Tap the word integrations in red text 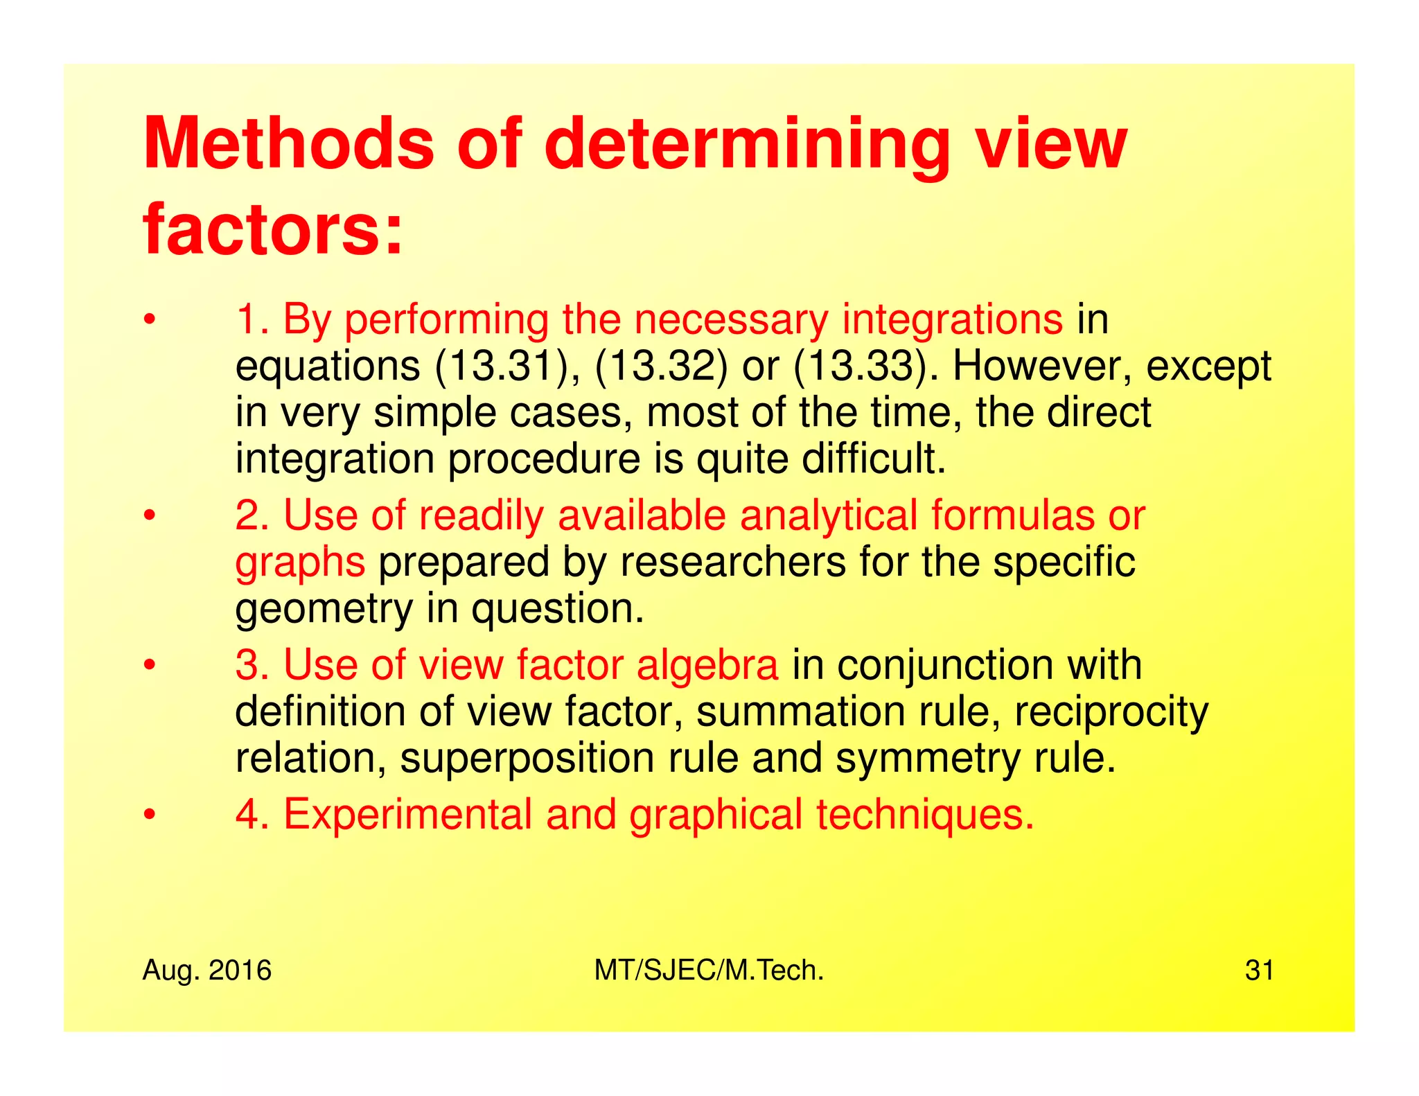click(952, 320)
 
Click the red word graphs click(300, 563)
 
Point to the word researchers click(732, 562)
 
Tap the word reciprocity click(1111, 712)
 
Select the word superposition click(527, 759)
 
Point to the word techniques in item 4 click(925, 815)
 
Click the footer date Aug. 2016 click(206, 971)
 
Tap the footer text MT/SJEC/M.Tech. click(709, 971)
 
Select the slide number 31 click(1259, 971)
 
